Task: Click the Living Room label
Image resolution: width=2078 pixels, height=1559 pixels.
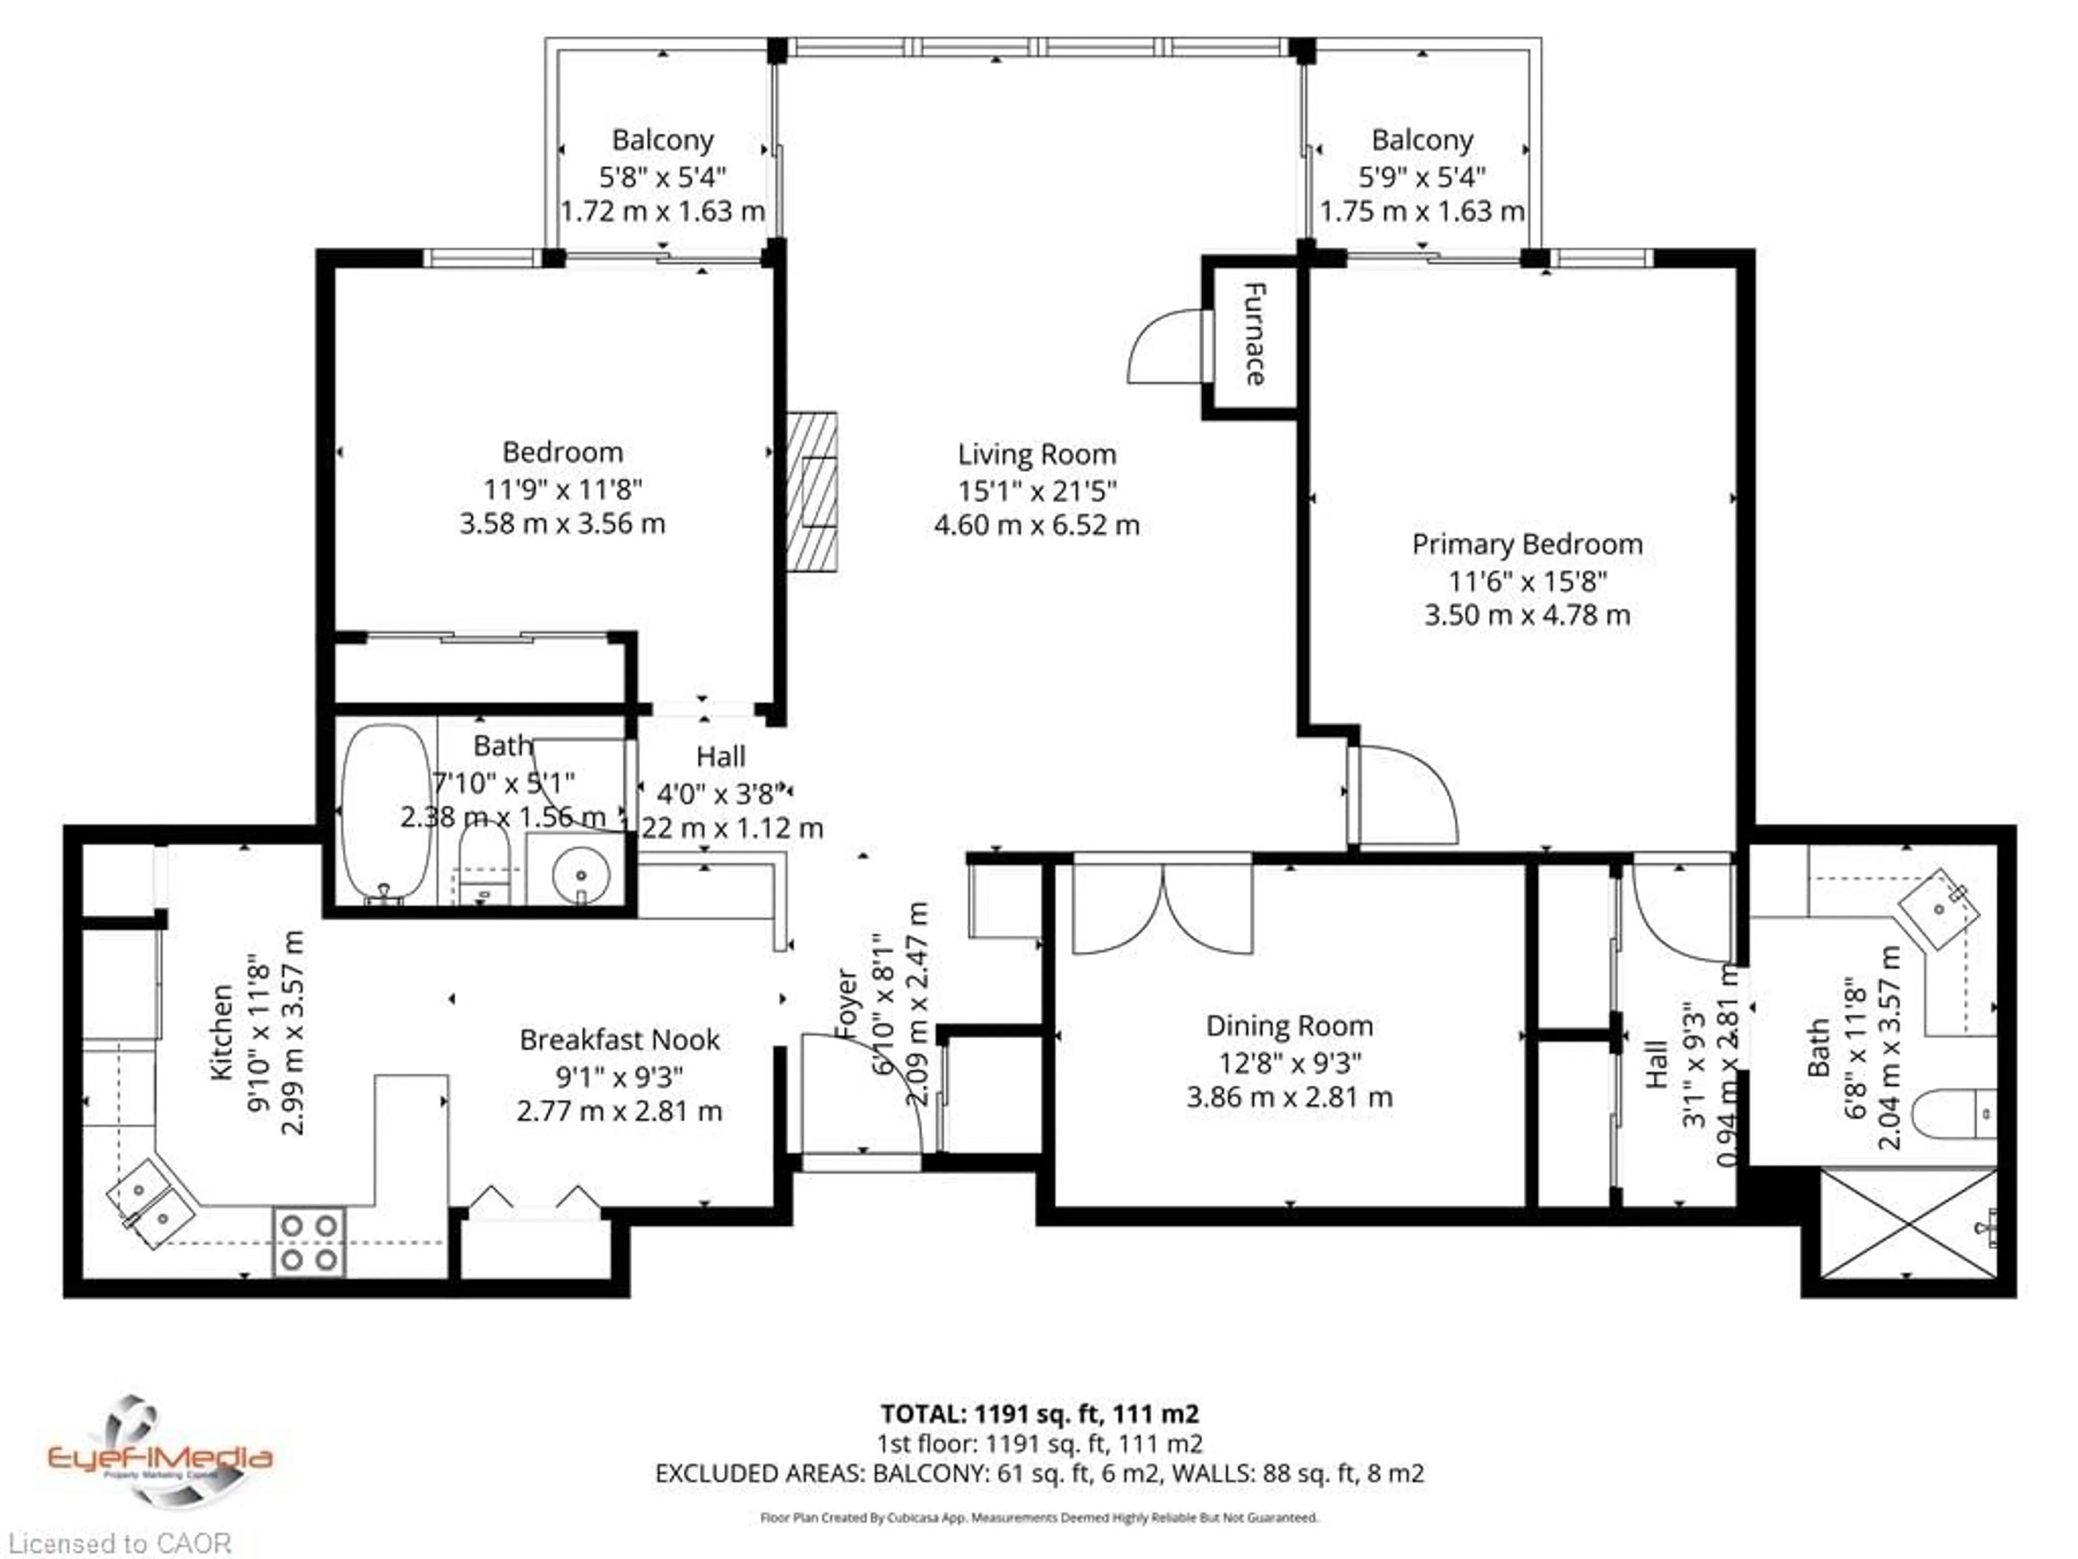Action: click(x=1036, y=455)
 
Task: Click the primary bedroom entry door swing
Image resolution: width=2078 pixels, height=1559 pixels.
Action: click(x=1404, y=794)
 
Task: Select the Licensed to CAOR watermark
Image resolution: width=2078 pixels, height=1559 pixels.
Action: click(x=119, y=1543)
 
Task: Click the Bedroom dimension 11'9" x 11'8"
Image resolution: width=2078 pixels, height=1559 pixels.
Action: click(x=562, y=489)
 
